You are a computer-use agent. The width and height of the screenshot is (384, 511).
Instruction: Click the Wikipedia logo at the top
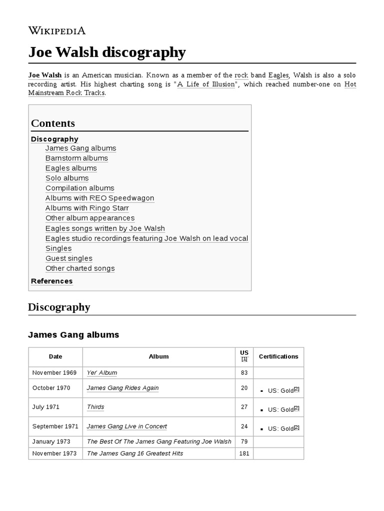point(57,30)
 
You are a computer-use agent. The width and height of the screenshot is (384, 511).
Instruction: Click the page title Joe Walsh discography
point(107,52)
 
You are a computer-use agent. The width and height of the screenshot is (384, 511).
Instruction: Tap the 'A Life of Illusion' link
point(205,84)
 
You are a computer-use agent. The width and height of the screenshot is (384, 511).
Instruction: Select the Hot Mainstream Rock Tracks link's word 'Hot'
point(350,84)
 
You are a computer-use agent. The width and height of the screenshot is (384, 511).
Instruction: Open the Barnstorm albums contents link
point(76,158)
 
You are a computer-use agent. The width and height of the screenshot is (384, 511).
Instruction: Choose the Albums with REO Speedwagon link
point(99,198)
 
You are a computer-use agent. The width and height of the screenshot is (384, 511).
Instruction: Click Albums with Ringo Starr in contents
point(87,208)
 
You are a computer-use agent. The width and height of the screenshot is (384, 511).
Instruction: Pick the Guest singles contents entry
point(69,258)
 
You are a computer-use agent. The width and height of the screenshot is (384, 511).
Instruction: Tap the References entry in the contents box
point(51,281)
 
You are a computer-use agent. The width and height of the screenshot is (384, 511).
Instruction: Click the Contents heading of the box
point(53,123)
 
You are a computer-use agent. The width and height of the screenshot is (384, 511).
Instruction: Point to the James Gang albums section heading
point(73,335)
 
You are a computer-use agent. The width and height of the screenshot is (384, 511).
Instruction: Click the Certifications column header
point(278,357)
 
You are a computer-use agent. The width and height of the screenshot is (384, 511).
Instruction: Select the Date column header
point(55,357)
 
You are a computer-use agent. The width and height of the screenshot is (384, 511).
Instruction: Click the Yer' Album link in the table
point(102,373)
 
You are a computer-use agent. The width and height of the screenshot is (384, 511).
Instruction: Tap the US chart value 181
point(244,454)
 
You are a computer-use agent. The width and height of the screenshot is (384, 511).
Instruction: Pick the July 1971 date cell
point(46,407)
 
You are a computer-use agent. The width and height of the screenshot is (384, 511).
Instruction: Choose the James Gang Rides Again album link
point(122,388)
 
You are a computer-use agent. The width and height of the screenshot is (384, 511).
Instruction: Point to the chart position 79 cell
point(244,442)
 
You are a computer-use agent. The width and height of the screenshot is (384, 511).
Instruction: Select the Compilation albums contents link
point(80,188)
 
